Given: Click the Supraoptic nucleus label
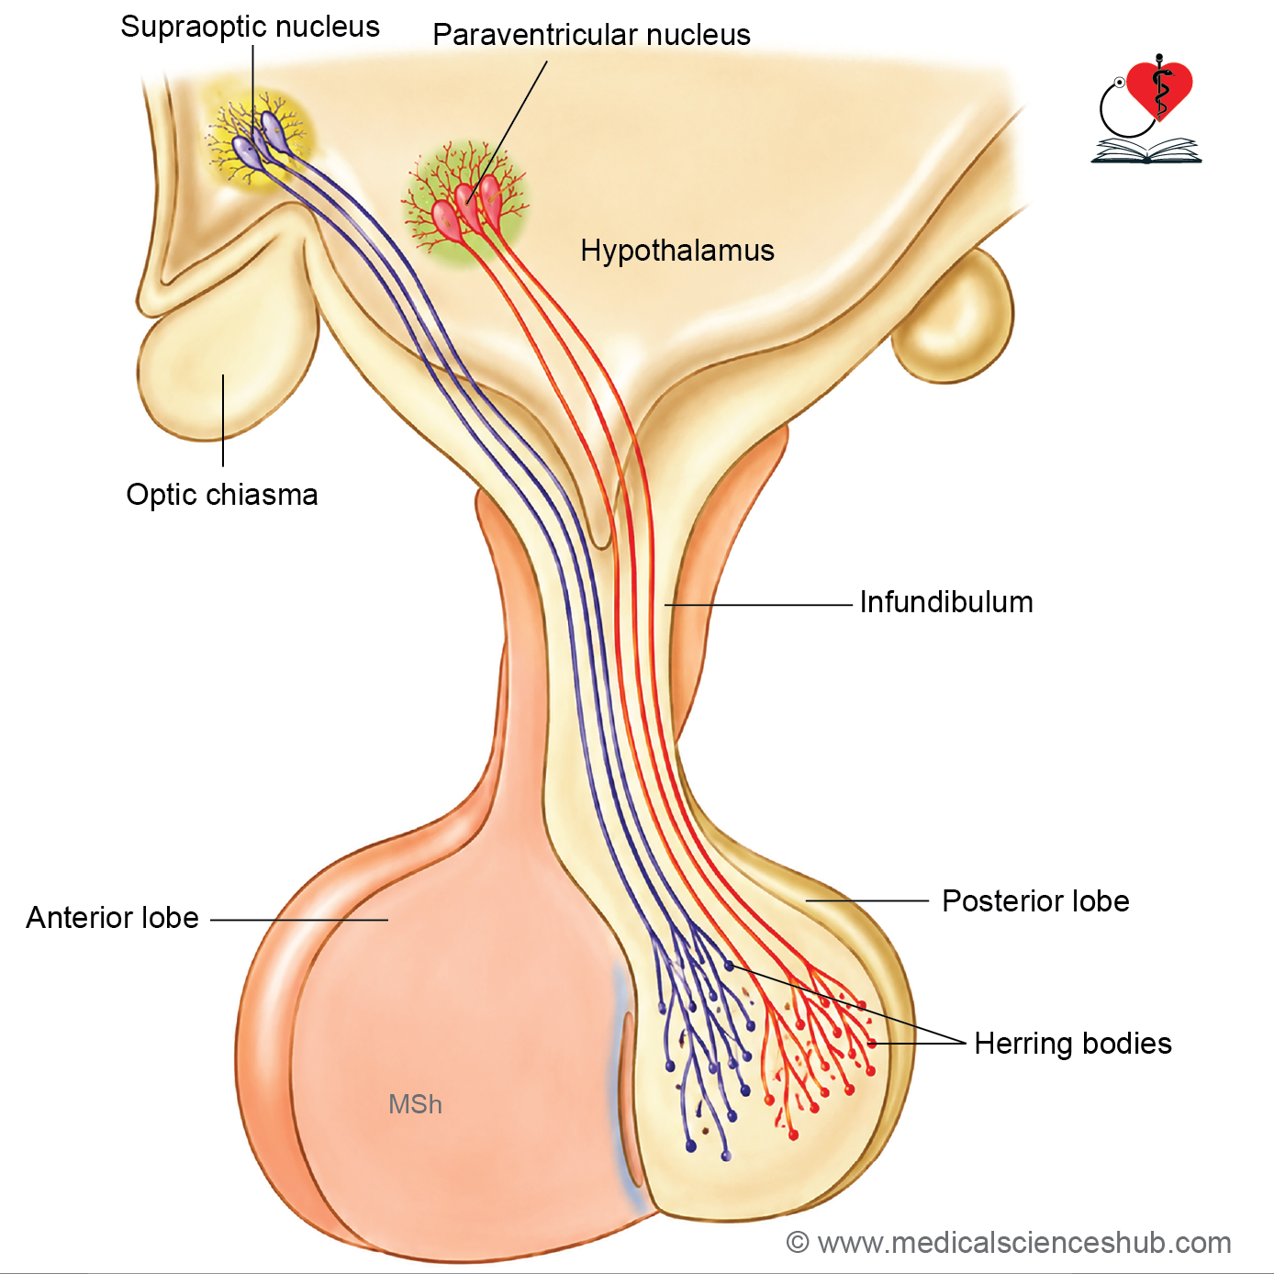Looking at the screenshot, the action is point(250,28).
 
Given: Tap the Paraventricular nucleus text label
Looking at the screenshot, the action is point(591,35).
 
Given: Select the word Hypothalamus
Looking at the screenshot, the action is point(677,251).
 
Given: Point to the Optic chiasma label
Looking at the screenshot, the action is point(221,495).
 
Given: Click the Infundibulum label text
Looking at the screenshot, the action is point(946,602).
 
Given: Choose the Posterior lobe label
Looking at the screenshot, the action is point(1035,901).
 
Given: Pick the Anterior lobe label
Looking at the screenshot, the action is point(112,918).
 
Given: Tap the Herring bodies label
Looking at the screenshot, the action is point(1072,1044).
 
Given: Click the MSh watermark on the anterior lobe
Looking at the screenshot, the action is point(415,1105).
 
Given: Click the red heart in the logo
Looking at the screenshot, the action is point(1159,89).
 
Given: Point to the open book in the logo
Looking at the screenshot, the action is point(1145,151).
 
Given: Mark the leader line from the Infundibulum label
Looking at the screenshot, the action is point(758,604).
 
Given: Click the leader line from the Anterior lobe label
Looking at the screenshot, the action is point(299,920).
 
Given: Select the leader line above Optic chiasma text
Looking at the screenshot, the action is point(223,420).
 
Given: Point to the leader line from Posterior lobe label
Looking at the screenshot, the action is point(866,900).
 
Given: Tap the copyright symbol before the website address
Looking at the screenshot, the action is point(798,1243).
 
